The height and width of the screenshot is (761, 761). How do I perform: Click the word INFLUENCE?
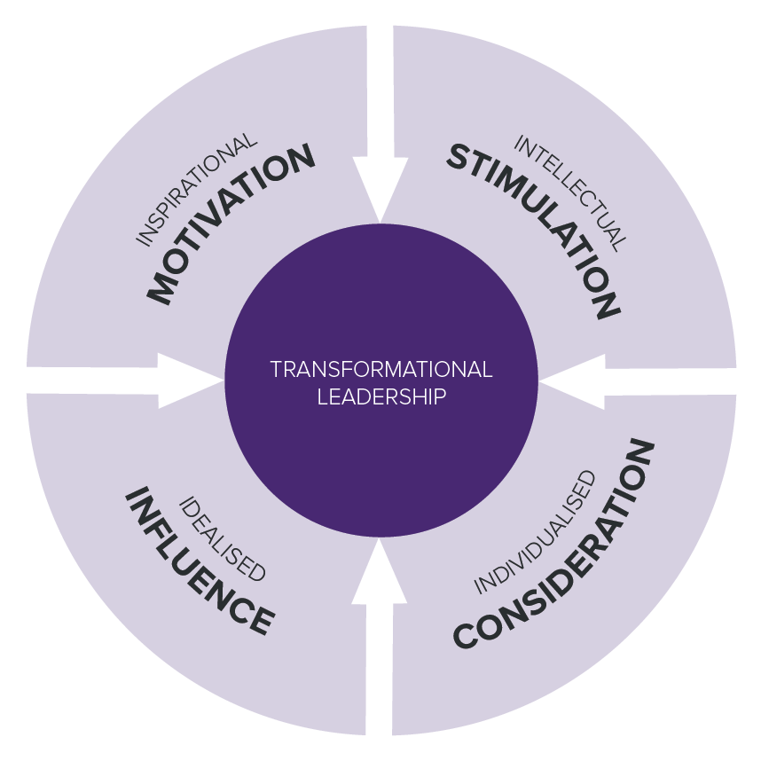[199, 561]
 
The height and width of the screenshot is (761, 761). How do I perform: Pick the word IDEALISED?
[222, 538]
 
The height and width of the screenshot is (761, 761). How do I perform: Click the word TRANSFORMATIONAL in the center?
[380, 369]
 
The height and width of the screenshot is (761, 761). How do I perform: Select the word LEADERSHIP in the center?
[380, 396]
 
